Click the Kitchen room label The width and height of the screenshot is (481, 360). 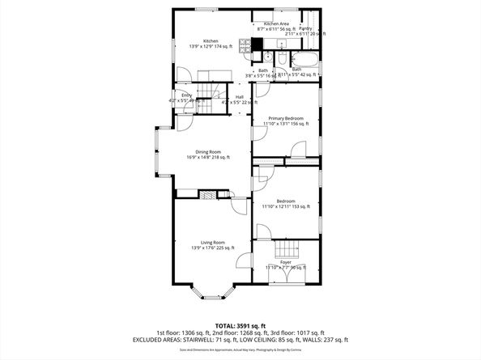click(x=210, y=40)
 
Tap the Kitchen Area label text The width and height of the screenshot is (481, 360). click(x=278, y=24)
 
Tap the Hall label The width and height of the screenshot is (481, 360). click(x=239, y=96)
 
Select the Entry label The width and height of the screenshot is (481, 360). click(x=187, y=95)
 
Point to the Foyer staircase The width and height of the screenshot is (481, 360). click(x=285, y=250)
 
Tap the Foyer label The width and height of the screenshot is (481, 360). click(x=285, y=262)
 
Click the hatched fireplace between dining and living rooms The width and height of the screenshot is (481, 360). click(x=207, y=195)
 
